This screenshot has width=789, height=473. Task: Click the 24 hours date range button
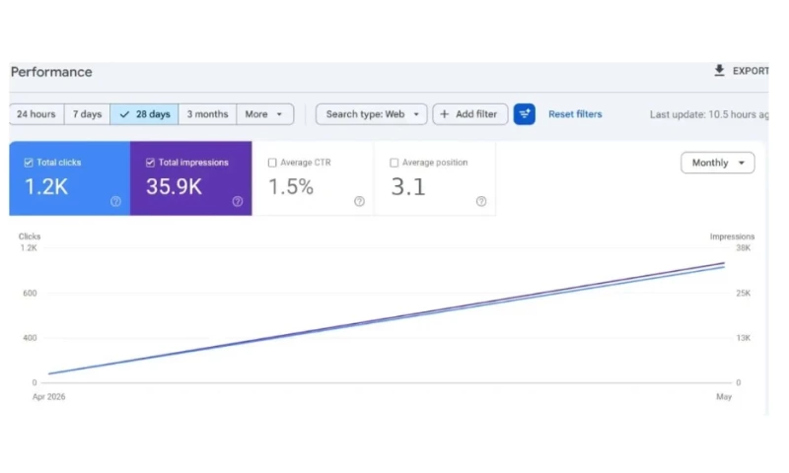pos(36,114)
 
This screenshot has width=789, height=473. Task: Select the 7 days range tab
pos(87,114)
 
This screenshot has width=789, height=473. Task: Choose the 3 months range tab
pos(207,114)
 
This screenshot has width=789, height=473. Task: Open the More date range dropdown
pos(264,114)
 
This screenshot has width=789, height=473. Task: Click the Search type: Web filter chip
pos(372,114)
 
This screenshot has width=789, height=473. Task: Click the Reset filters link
pos(575,114)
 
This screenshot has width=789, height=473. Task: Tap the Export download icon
pos(720,71)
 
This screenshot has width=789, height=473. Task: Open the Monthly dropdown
pos(718,163)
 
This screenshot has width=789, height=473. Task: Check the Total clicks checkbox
pos(29,163)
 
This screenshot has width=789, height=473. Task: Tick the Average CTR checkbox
pos(272,163)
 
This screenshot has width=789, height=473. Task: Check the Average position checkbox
pos(394,163)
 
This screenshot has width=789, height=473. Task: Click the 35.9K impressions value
pos(174,187)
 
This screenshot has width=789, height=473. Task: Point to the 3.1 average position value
pos(408,187)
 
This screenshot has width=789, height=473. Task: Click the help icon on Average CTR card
pos(359,201)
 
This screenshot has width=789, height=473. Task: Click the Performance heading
pos(51,72)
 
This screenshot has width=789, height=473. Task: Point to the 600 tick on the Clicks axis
pos(30,293)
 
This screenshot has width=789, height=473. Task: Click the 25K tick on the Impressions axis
pos(744,293)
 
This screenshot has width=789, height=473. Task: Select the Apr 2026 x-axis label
pos(48,396)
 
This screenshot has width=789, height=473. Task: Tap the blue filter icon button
pos(525,114)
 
